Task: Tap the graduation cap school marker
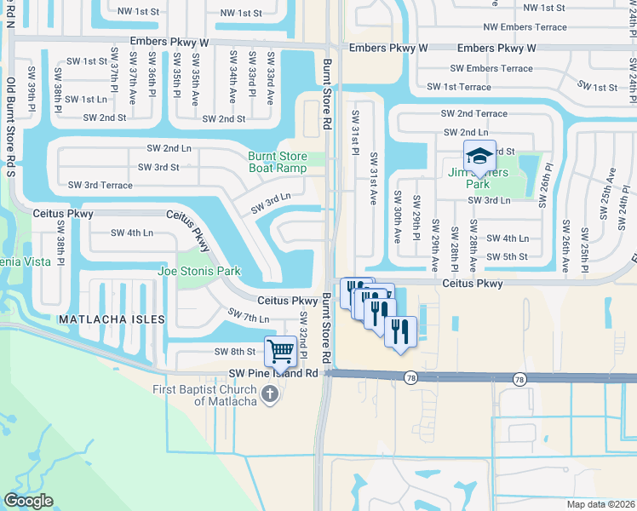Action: point(479,156)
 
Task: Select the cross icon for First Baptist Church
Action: point(271,393)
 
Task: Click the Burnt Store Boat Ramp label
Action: point(277,162)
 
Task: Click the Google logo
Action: point(27,501)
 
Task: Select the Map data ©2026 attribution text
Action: point(601,504)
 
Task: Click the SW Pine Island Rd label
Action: point(273,373)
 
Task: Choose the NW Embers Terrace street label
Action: point(525,27)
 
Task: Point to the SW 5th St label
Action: point(508,256)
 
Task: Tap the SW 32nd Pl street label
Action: point(303,328)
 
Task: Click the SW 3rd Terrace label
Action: point(101,185)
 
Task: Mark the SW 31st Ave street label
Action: point(373,179)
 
